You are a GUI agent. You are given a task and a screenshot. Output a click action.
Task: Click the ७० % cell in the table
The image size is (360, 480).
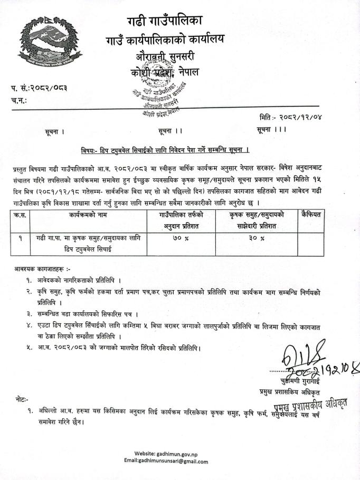tap(181, 238)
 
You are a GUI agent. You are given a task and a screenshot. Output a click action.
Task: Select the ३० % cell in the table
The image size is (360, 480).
tap(256, 238)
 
